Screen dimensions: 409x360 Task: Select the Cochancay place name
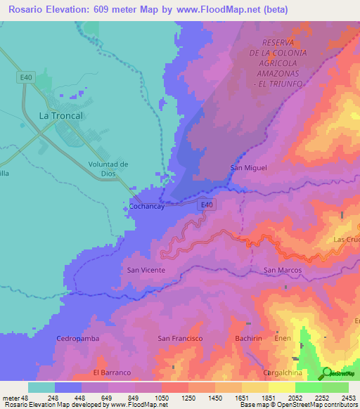point(148,207)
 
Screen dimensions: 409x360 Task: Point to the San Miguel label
point(246,167)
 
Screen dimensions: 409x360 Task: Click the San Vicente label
point(146,270)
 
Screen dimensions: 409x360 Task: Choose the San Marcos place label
point(282,270)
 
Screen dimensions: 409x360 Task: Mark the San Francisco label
point(180,338)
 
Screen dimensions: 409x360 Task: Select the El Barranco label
point(112,372)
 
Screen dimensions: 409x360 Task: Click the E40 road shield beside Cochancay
point(206,204)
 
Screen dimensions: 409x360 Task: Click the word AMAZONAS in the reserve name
point(277,73)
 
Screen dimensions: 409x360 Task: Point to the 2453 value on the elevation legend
point(347,397)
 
